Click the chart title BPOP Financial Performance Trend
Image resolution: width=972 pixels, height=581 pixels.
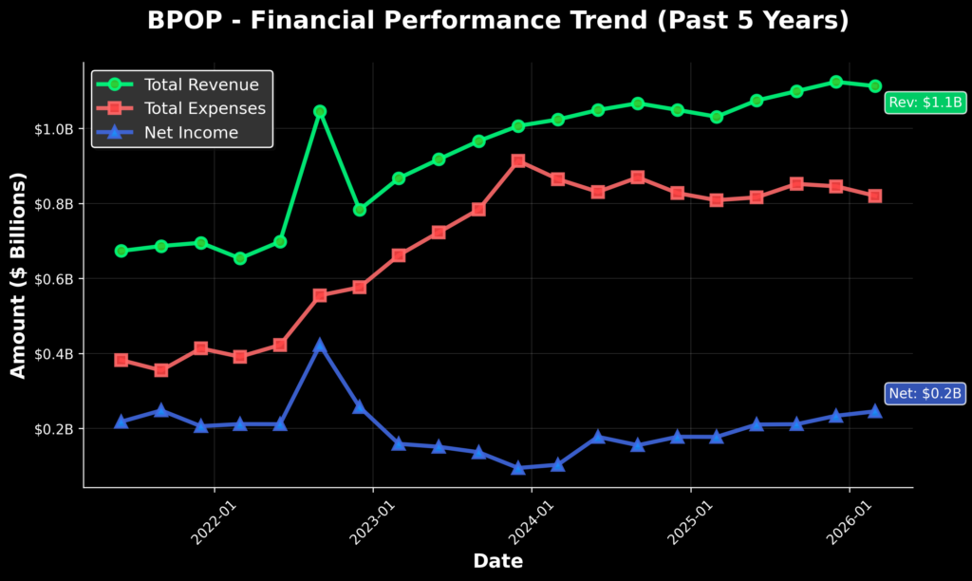pyautogui.click(x=497, y=21)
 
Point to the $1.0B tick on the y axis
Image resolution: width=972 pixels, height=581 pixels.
pyautogui.click(x=54, y=129)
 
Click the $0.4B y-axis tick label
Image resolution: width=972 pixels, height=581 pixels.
pyautogui.click(x=54, y=354)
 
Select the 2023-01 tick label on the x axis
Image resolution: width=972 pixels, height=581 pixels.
pyautogui.click(x=372, y=523)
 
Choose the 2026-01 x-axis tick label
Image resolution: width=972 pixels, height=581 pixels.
pyautogui.click(x=849, y=523)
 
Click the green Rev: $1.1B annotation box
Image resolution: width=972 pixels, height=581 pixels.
pyautogui.click(x=925, y=103)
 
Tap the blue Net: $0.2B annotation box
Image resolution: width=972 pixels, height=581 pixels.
pyautogui.click(x=925, y=393)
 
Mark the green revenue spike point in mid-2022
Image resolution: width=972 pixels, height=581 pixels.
pyautogui.click(x=320, y=112)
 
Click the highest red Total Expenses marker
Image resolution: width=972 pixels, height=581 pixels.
pyautogui.click(x=518, y=161)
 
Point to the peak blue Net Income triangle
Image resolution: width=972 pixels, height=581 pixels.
pyautogui.click(x=320, y=346)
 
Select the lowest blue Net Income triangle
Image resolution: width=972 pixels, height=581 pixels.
pyautogui.click(x=518, y=467)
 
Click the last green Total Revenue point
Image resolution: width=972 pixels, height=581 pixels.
pyautogui.click(x=874, y=86)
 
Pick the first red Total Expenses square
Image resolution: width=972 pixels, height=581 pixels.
pyautogui.click(x=121, y=360)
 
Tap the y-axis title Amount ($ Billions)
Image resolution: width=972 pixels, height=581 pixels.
pyautogui.click(x=19, y=275)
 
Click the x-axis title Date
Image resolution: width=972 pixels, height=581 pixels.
pyautogui.click(x=497, y=561)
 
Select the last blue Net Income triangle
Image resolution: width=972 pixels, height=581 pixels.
pyautogui.click(x=874, y=411)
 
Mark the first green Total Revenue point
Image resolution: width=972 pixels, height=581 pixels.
pyautogui.click(x=121, y=252)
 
